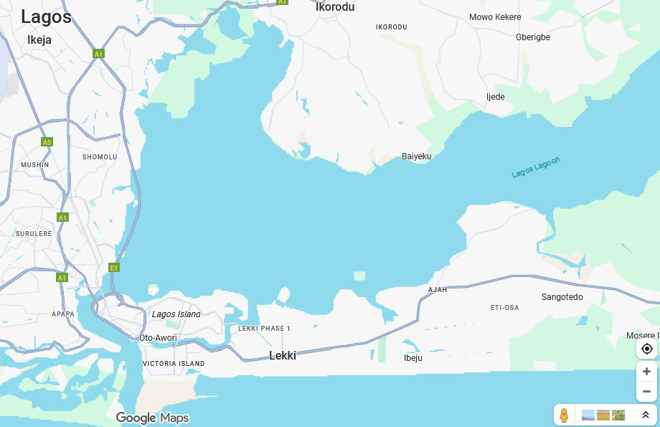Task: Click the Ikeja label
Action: coord(39,40)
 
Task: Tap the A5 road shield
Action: coord(47,142)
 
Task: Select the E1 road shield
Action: coord(113,268)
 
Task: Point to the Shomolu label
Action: coord(100,156)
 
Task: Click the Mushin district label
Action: coord(35,164)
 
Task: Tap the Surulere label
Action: coord(34,233)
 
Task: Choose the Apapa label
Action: coord(63,314)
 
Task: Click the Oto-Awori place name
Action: coord(158,337)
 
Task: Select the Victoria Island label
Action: coord(174,364)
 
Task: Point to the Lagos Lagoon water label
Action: coord(536,168)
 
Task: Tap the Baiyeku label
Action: coord(417,156)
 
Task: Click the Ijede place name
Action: coord(496,97)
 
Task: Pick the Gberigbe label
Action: coord(533,37)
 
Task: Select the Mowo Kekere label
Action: coord(495,17)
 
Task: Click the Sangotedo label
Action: coord(562,297)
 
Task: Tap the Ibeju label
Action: coord(413,358)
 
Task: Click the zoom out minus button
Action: coord(646,391)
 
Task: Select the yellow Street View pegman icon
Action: coord(564,415)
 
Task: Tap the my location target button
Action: coord(646,349)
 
